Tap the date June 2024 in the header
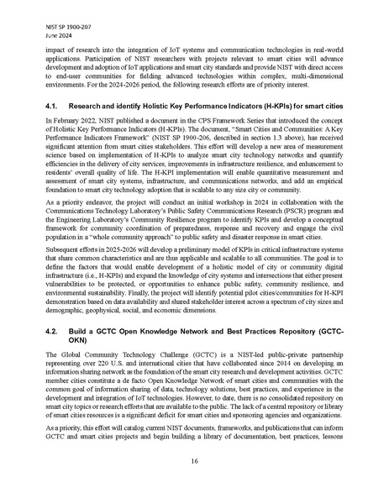pyautogui.click(x=56, y=23)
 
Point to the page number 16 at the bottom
pyautogui.click(x=194, y=460)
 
